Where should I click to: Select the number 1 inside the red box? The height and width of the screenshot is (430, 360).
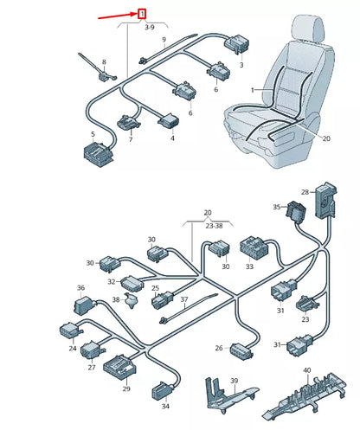[x=141, y=14]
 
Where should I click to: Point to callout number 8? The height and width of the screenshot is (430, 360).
[x=104, y=62]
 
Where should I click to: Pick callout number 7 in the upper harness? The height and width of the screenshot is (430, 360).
[x=131, y=139]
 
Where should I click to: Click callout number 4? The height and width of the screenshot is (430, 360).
[x=171, y=138]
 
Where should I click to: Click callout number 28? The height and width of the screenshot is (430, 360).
[x=305, y=191]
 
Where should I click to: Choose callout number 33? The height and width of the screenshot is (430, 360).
[x=249, y=267]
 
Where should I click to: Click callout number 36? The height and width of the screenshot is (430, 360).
[x=80, y=288]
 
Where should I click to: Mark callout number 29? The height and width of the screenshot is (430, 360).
[x=126, y=390]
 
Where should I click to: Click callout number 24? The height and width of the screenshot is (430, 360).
[x=73, y=349]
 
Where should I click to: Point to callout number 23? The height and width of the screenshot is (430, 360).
[x=305, y=318]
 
